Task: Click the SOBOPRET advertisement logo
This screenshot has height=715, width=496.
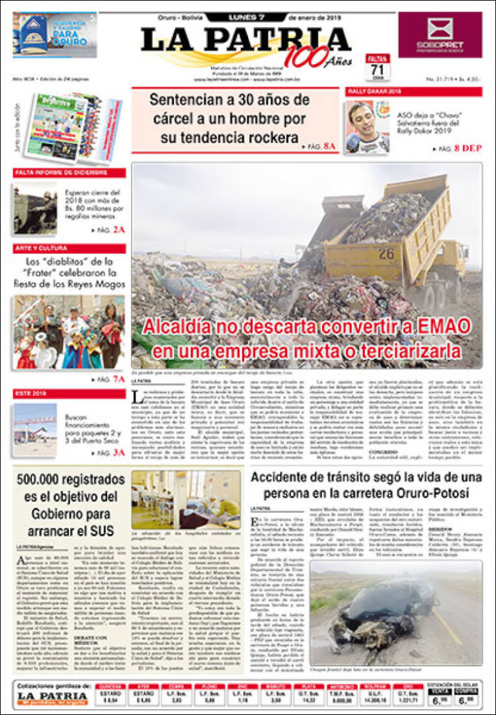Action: [440, 34]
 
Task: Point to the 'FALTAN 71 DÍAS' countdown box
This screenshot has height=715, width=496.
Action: [378, 68]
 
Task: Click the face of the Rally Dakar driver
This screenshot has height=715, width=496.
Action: [361, 118]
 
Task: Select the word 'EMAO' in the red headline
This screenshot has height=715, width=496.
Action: [441, 326]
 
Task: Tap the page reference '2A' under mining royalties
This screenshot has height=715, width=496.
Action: [118, 229]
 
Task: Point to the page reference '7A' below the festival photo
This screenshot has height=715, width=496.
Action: [118, 379]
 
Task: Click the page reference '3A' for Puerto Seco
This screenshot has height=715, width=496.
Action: [118, 453]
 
